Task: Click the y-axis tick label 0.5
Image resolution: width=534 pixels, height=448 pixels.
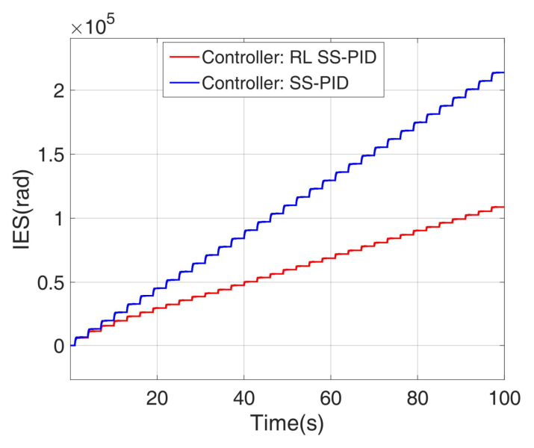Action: (47, 282)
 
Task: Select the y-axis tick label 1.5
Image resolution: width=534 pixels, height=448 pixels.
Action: (47, 155)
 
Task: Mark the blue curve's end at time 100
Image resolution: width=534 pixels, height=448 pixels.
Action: (504, 72)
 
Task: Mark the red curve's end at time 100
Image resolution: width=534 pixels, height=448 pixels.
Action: (504, 207)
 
